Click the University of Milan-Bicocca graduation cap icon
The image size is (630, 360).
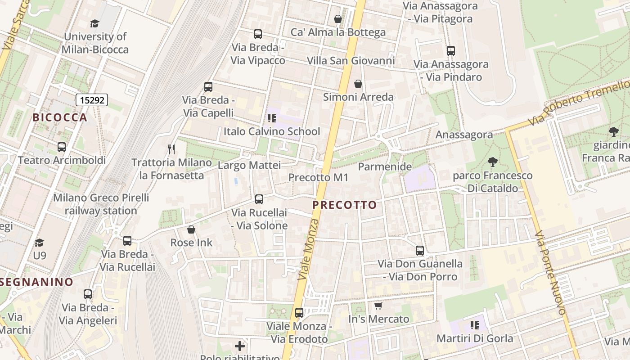[x=94, y=23]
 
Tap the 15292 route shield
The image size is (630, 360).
[x=92, y=100]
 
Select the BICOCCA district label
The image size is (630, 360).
[x=60, y=117]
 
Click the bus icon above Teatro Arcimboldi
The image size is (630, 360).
[x=62, y=147]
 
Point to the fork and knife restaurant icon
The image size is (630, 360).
[x=171, y=149]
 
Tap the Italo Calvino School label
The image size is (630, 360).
[x=272, y=131]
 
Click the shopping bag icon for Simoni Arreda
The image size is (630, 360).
[x=358, y=84]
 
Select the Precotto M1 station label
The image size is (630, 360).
[x=319, y=177]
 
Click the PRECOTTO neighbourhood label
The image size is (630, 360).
[x=344, y=205]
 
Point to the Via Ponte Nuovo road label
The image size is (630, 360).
[x=550, y=273]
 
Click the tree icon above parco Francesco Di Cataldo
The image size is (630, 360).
[x=493, y=162]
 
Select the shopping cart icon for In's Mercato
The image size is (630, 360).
[x=378, y=306]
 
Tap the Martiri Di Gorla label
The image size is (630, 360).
[x=475, y=338]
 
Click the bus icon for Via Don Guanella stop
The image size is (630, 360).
[x=420, y=251]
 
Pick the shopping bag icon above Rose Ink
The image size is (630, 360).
[x=191, y=229]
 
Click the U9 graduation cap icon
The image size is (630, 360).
[x=40, y=243]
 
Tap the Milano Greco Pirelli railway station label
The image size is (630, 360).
[x=101, y=204]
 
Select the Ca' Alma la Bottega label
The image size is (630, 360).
[x=338, y=32]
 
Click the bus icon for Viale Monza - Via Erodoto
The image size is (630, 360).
[x=299, y=313]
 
